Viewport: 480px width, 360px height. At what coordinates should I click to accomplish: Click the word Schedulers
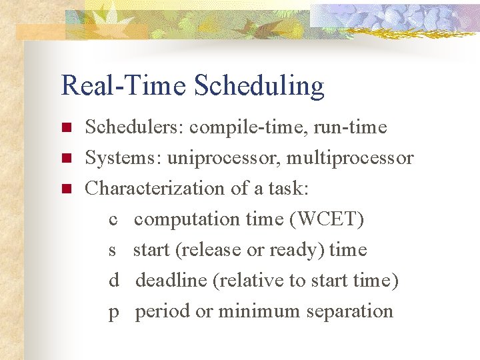136,127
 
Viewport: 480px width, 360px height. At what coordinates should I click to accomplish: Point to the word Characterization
155,189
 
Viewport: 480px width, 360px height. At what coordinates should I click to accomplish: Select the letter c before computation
113,219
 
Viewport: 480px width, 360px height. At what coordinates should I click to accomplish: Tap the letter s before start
113,250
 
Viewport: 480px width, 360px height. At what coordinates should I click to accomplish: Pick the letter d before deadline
113,281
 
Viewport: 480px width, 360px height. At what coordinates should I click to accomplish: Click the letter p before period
113,312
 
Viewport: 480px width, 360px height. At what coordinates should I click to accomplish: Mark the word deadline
171,281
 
